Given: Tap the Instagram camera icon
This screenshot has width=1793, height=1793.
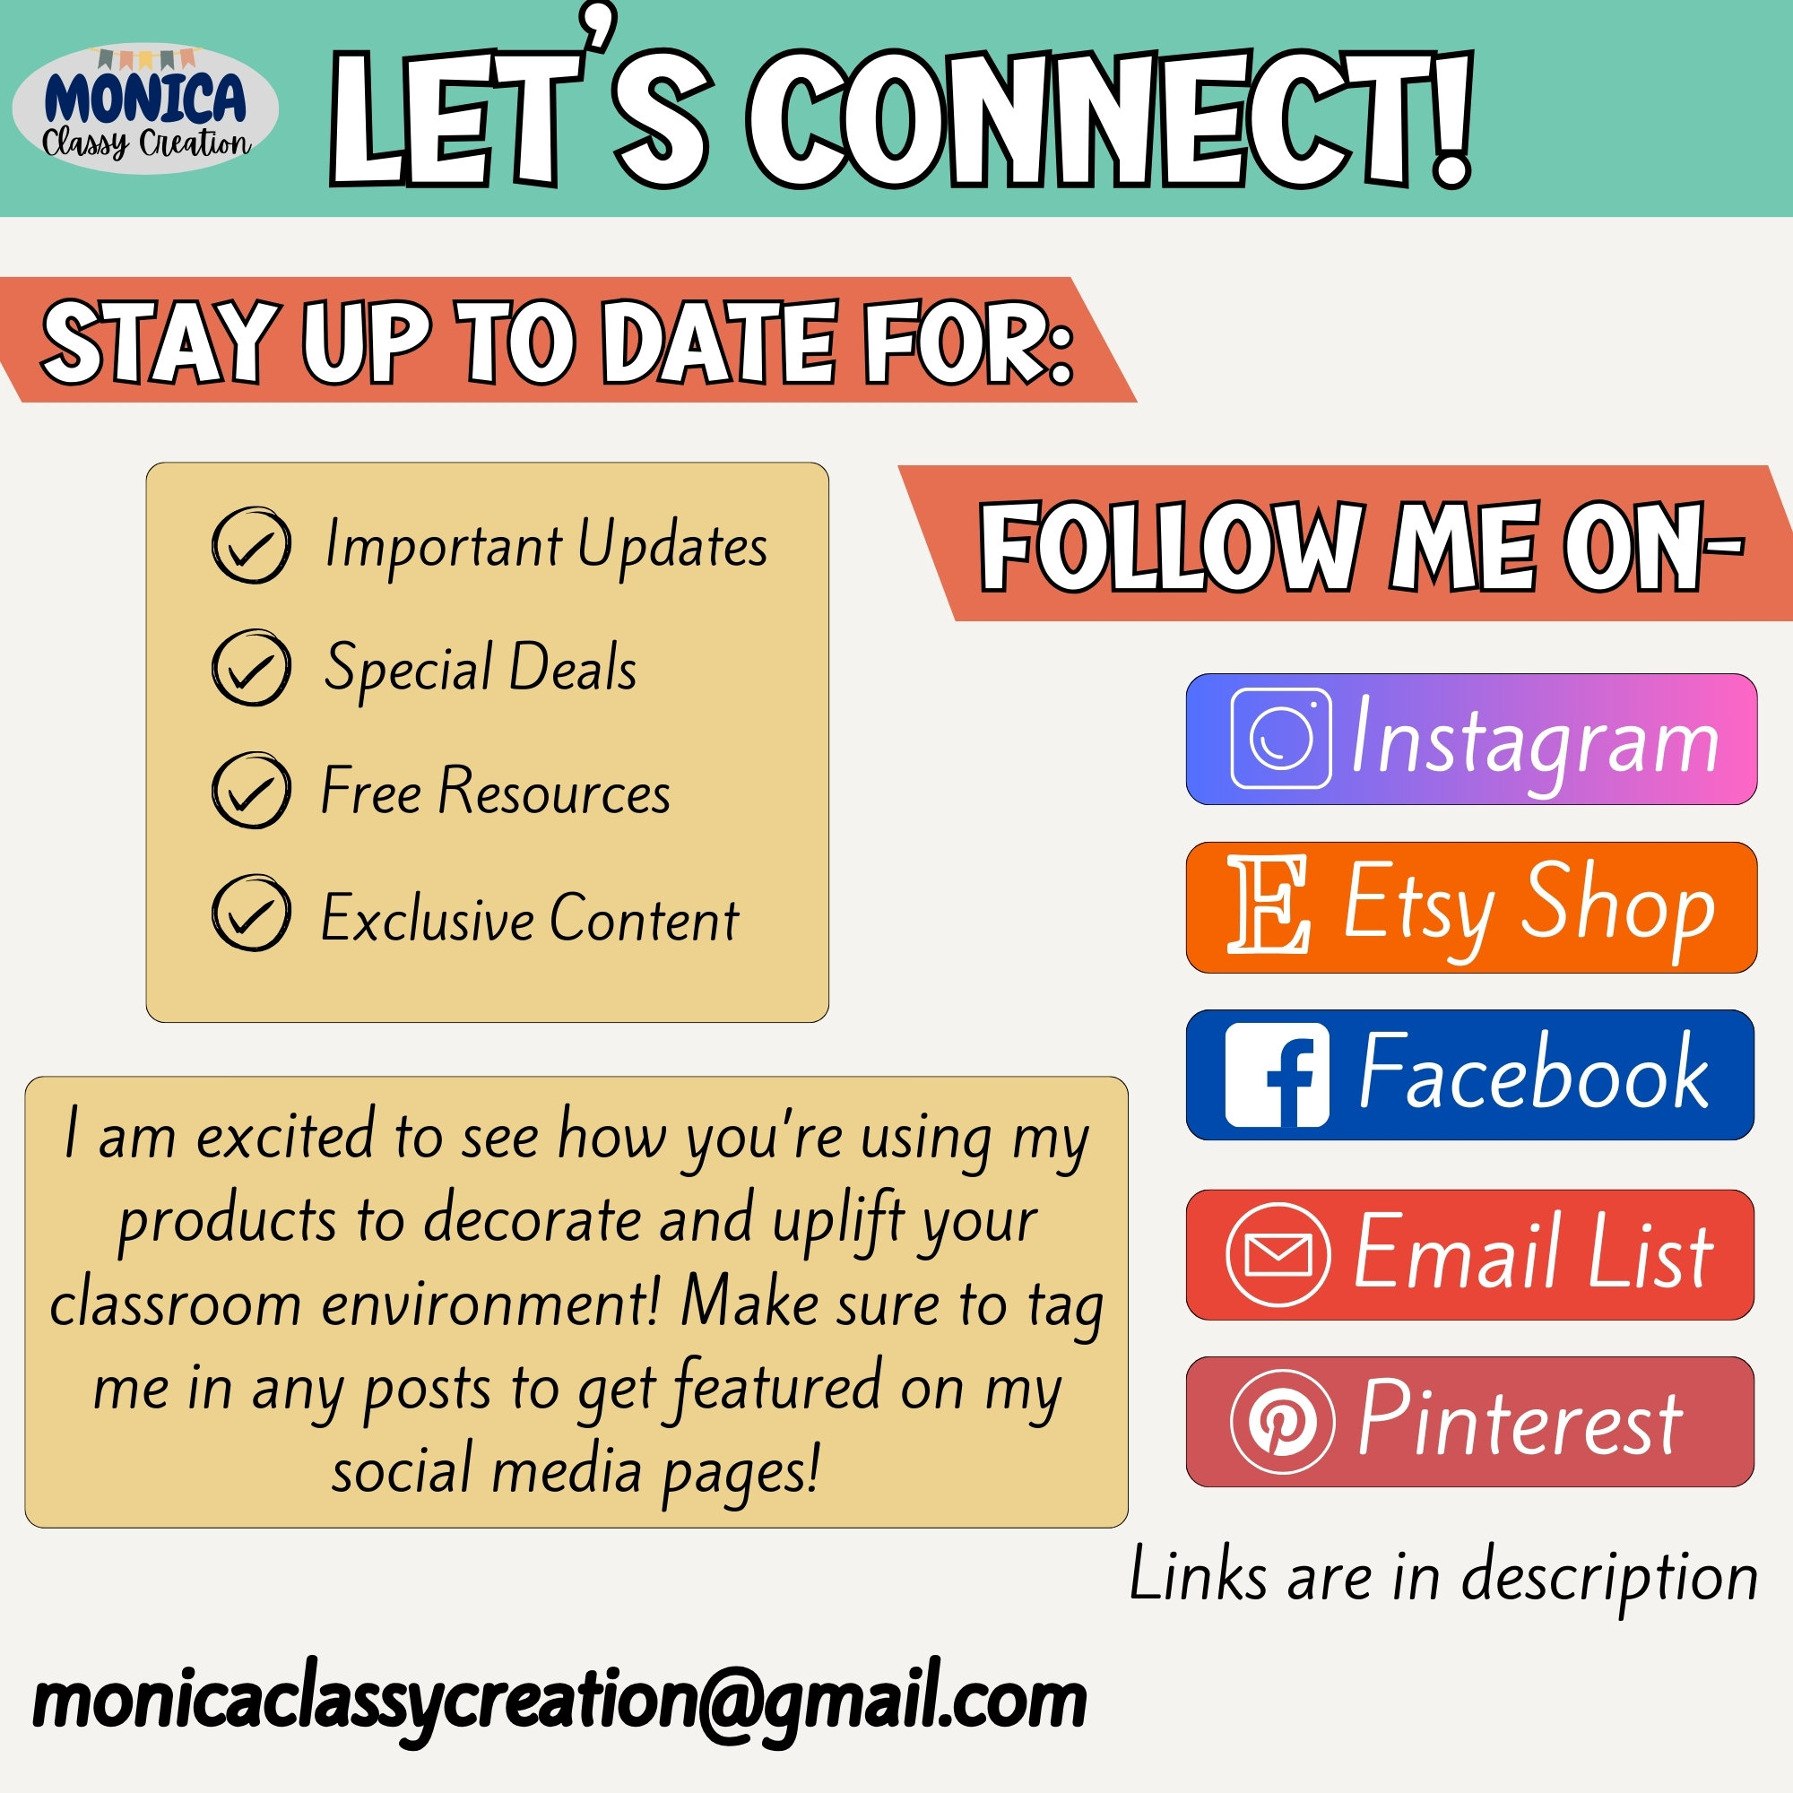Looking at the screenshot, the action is pyautogui.click(x=1281, y=739).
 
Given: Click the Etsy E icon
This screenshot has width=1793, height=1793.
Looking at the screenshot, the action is pyautogui.click(x=1268, y=905).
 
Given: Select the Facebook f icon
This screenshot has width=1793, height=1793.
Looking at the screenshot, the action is pyautogui.click(x=1277, y=1076).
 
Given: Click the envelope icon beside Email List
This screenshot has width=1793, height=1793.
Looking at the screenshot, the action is pyautogui.click(x=1278, y=1255).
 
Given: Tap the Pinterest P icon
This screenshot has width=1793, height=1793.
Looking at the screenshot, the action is pyautogui.click(x=1283, y=1422).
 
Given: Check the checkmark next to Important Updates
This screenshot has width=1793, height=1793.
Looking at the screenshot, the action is pyautogui.click(x=252, y=545).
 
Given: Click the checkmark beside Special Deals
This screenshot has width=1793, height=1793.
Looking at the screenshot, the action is pyautogui.click(x=252, y=667).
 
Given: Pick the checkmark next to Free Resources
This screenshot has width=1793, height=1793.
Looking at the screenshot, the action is pyautogui.click(x=252, y=790).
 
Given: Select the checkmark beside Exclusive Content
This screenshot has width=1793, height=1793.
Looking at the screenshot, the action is pyautogui.click(x=252, y=913).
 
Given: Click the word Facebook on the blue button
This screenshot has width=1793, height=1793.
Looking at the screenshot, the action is pyautogui.click(x=1533, y=1072).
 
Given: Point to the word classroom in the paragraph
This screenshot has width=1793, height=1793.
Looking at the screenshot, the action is pyautogui.click(x=176, y=1304).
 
